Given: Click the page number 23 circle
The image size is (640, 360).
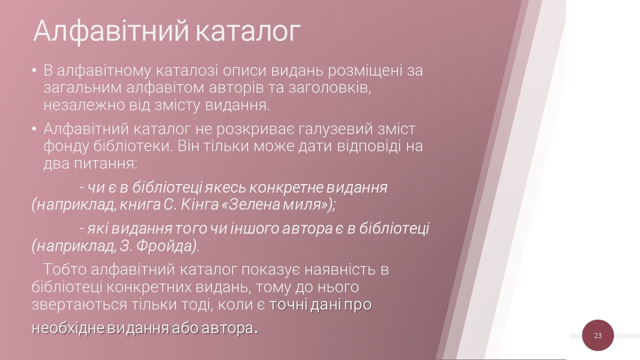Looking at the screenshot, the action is [597, 335].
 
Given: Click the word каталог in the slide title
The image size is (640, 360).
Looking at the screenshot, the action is [248, 30].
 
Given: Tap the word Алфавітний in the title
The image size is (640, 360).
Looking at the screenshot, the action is [111, 31].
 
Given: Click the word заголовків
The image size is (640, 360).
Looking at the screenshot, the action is [329, 88].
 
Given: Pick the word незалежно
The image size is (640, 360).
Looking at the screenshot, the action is [84, 105].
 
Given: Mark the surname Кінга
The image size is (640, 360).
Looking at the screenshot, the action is [199, 204].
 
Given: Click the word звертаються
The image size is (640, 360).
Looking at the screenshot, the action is [79, 305].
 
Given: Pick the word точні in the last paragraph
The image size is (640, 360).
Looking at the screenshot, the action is [288, 304].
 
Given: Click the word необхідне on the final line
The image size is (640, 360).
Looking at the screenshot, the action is [67, 328].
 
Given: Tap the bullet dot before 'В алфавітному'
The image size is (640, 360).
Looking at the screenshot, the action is [34, 70].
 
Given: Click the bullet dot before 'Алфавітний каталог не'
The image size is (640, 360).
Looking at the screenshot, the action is [34, 129].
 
